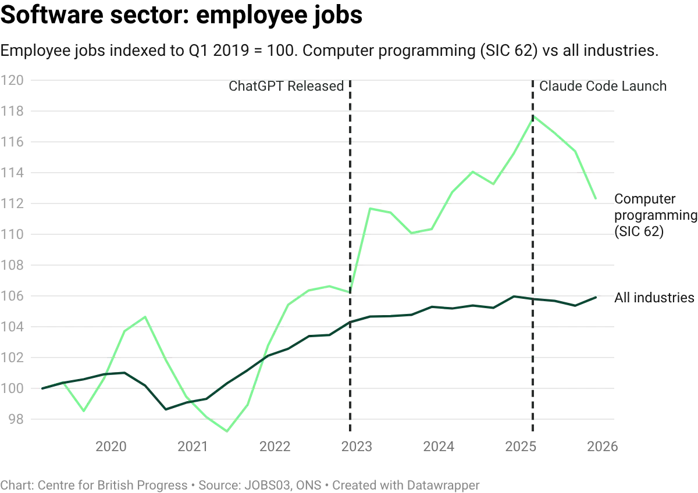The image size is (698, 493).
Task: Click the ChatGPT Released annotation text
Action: click(287, 88)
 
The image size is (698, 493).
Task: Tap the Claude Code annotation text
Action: click(604, 88)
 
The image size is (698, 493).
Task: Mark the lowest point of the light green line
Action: click(227, 430)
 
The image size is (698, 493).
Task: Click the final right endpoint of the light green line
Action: click(598, 199)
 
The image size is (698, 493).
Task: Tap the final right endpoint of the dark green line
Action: click(598, 297)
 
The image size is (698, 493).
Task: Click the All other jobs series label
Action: click(654, 297)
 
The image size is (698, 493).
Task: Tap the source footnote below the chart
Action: click(241, 483)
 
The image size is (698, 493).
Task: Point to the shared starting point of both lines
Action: click(42, 388)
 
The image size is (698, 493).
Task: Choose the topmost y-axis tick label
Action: click(13, 82)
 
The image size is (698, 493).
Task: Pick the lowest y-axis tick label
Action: click(13, 419)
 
